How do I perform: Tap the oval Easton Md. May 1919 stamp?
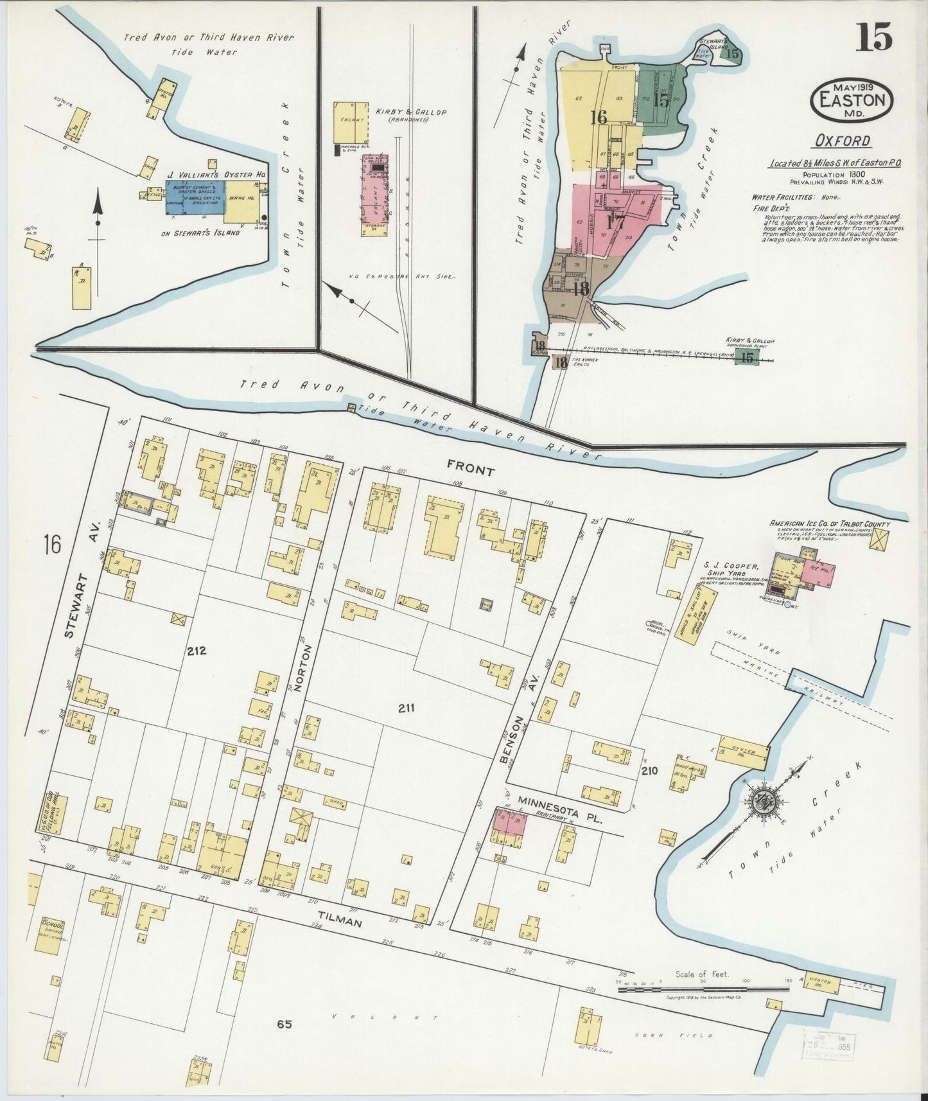click(x=851, y=100)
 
